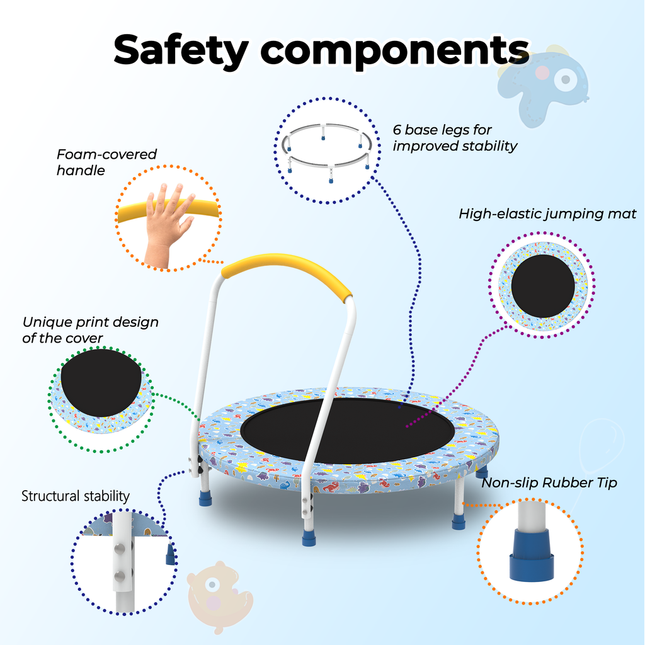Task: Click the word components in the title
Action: click(x=395, y=52)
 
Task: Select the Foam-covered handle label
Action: click(x=106, y=162)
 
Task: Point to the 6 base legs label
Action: click(x=455, y=138)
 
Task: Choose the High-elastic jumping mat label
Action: click(x=547, y=214)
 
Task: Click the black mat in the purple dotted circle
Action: click(x=542, y=286)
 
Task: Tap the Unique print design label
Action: click(x=90, y=330)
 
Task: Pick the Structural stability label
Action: click(x=76, y=496)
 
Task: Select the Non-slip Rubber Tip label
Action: click(x=549, y=482)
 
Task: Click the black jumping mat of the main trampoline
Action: click(x=348, y=430)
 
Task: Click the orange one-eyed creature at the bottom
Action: click(x=219, y=596)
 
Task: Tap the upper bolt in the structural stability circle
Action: click(x=119, y=549)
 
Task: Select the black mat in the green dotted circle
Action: click(x=101, y=382)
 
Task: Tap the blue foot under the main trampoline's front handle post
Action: click(x=309, y=537)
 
